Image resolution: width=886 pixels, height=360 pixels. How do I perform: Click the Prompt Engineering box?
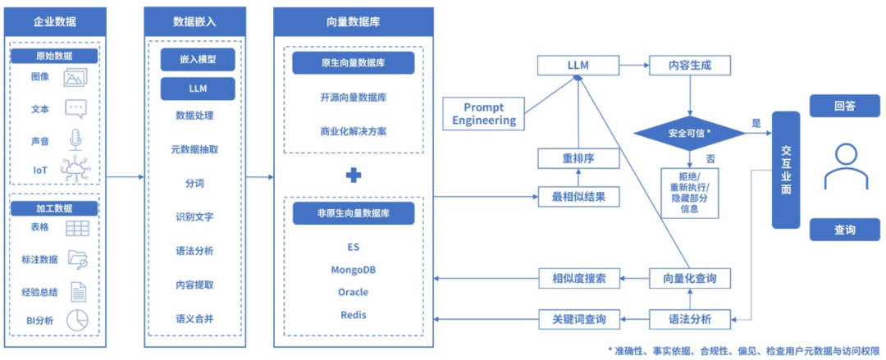[x=483, y=113]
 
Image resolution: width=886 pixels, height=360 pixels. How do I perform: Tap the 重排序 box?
[x=578, y=160]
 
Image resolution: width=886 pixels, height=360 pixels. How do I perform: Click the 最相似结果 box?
[x=578, y=197]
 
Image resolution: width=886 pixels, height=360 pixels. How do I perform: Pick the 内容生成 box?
[x=691, y=66]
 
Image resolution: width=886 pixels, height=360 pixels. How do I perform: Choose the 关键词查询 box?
[x=578, y=319]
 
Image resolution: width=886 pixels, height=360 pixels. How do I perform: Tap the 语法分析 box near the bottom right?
[x=691, y=319]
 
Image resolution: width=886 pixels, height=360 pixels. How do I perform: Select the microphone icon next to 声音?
[x=76, y=139]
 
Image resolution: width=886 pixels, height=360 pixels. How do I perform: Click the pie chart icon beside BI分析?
[x=77, y=321]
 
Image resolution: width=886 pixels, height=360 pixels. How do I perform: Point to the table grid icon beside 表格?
[x=77, y=228]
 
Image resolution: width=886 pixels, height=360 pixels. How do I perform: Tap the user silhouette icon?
[x=845, y=166]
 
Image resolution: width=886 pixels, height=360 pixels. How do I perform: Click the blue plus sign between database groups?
[x=354, y=175]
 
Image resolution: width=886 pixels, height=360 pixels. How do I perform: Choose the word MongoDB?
[x=353, y=270]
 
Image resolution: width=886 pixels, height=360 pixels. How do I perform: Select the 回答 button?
[x=845, y=106]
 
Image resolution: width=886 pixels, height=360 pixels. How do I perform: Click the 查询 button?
[x=845, y=230]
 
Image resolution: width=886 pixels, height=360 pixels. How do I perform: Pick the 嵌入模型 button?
[x=198, y=59]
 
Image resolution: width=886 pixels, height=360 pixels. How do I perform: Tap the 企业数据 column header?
[x=55, y=22]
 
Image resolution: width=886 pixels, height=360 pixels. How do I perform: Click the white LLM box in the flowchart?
[x=578, y=66]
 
